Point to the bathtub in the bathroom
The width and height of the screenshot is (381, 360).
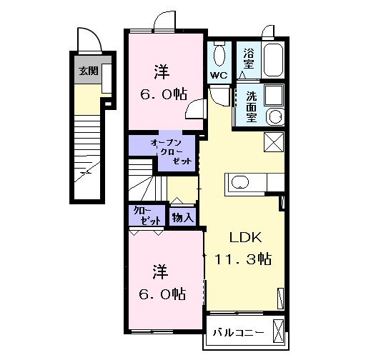click(x=273, y=61)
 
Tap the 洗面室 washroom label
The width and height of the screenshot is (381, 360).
click(x=252, y=106)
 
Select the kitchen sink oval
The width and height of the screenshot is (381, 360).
click(x=239, y=182)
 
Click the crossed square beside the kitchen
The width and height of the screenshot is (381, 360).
click(x=273, y=141)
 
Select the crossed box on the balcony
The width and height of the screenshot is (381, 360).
click(x=279, y=332)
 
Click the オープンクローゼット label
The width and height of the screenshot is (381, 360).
click(x=172, y=152)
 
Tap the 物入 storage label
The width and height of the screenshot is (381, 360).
click(x=182, y=215)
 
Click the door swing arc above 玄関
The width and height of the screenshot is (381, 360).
click(x=86, y=37)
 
